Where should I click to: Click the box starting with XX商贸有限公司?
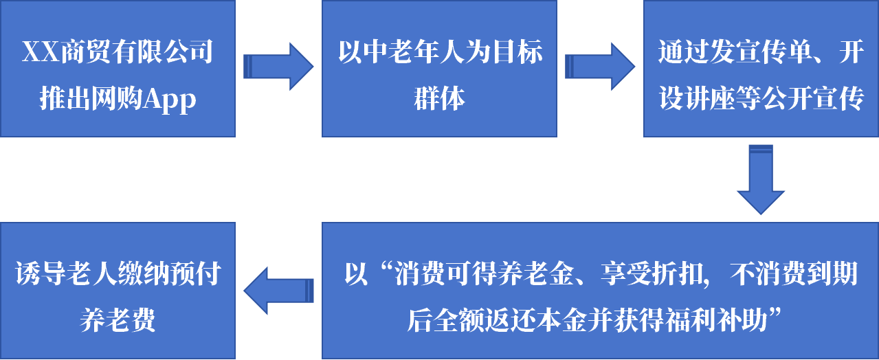pyautogui.click(x=118, y=69)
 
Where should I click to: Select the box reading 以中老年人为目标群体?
pyautogui.click(x=439, y=69)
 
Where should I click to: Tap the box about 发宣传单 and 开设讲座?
pyautogui.click(x=761, y=69)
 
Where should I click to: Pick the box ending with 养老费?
pyautogui.click(x=118, y=291)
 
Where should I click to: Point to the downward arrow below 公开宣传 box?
pyautogui.click(x=761, y=179)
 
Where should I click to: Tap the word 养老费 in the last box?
pyautogui.click(x=118, y=321)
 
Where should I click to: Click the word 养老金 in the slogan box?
pyautogui.click(x=530, y=275)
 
